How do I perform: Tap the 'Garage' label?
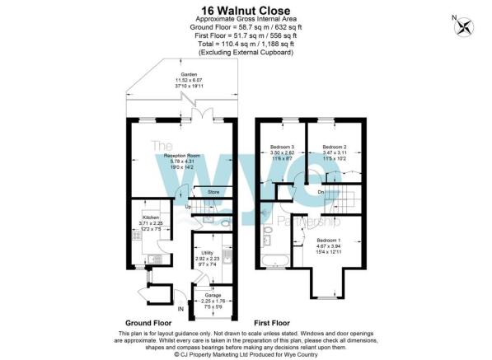point(211,294)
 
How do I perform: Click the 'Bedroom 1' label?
point(330,239)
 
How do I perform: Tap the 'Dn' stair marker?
point(321,192)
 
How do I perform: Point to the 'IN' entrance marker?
point(181,309)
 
